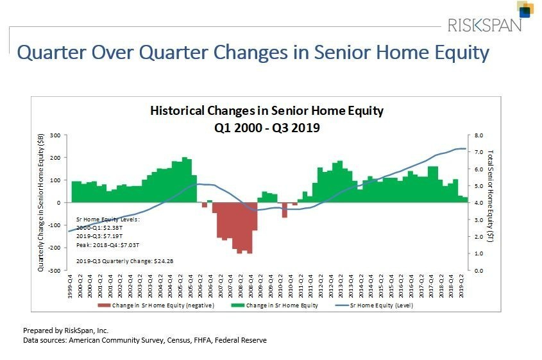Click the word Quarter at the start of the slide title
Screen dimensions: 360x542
(54, 53)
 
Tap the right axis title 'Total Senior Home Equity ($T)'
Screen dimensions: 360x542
(491, 202)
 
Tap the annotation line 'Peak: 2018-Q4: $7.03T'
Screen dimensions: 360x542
(108, 244)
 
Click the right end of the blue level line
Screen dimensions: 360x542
(466, 149)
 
